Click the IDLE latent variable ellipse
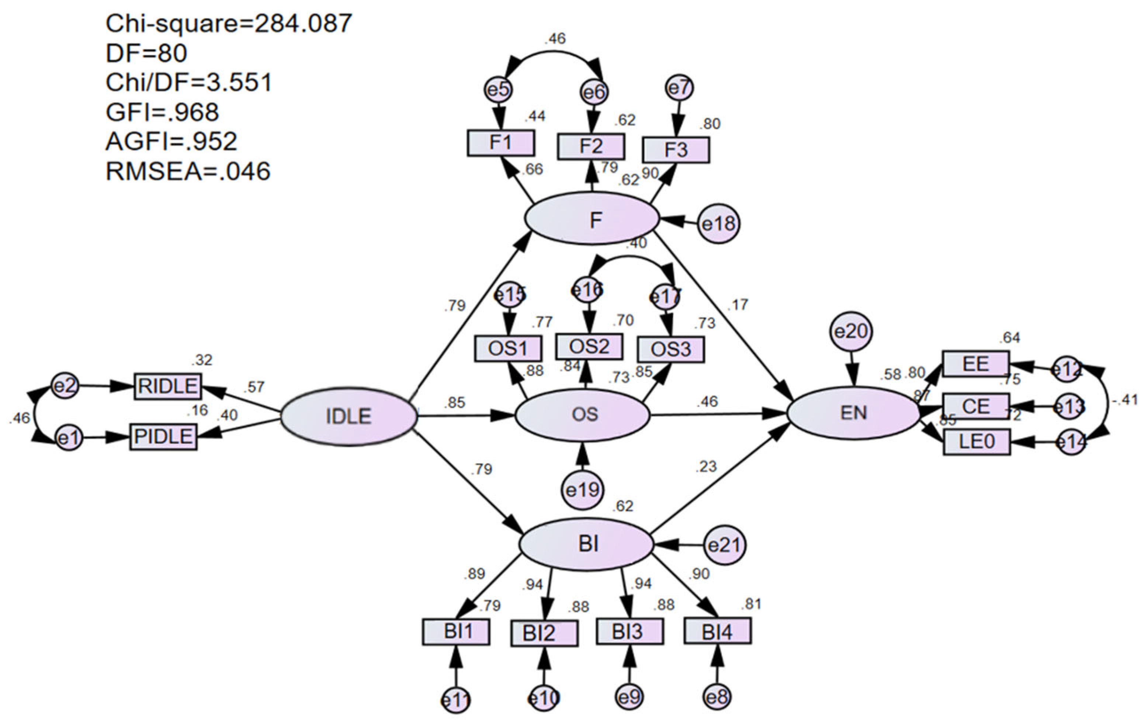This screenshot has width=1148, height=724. (x=348, y=416)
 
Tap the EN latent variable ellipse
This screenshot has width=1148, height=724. (x=853, y=413)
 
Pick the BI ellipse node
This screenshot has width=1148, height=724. (x=586, y=544)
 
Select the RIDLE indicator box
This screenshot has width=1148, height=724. (x=167, y=386)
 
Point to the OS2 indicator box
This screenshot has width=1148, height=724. (x=589, y=347)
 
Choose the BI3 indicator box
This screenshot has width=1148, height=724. (x=629, y=631)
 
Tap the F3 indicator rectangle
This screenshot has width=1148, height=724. (x=676, y=150)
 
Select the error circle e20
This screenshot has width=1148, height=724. (x=852, y=331)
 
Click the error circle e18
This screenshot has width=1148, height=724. (x=719, y=224)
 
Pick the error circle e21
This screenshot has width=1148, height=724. (x=724, y=545)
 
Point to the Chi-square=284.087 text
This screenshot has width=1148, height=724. (x=228, y=23)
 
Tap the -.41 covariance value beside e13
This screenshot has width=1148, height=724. (x=1125, y=400)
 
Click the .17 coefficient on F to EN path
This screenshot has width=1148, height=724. (x=738, y=304)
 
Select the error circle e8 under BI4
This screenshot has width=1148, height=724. (x=717, y=698)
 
